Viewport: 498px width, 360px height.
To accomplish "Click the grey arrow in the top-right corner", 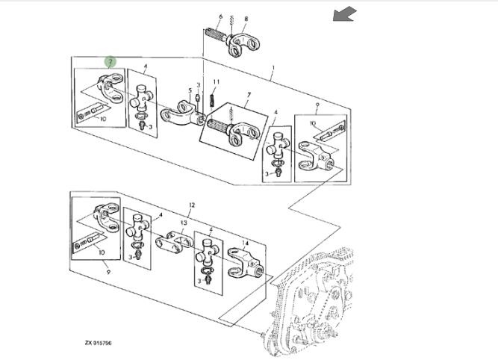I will [x=344, y=13].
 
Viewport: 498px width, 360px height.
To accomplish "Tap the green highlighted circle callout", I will [x=110, y=62].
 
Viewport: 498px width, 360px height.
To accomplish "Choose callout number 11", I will [x=217, y=81].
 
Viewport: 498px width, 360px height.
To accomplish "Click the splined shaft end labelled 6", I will [x=215, y=34].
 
